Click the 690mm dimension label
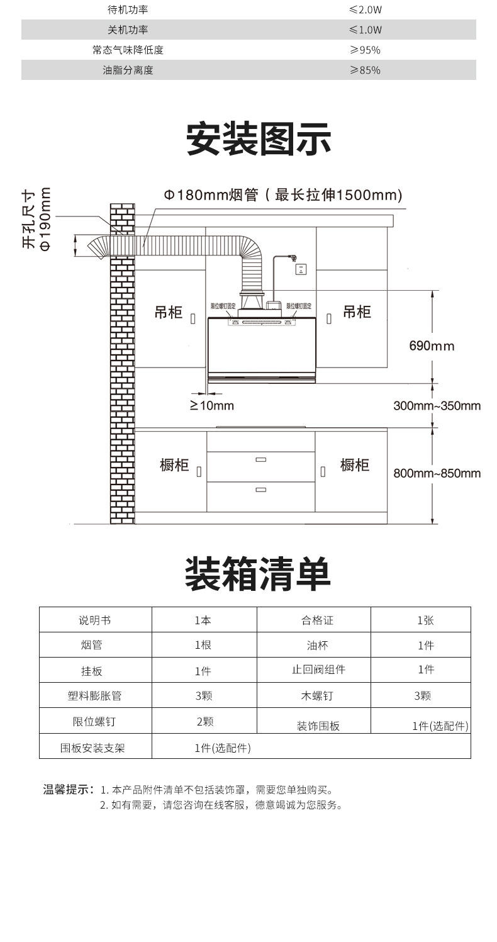pyautogui.click(x=431, y=345)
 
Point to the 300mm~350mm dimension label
pyautogui.click(x=437, y=405)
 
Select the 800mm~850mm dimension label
pyautogui.click(x=437, y=473)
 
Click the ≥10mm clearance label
pyautogui.click(x=212, y=405)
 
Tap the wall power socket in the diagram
pyautogui.click(x=301, y=269)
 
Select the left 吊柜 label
pyautogui.click(x=168, y=313)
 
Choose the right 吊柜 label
pyautogui.click(x=357, y=311)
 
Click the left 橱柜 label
pyautogui.click(x=174, y=466)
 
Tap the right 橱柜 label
pyautogui.click(x=355, y=465)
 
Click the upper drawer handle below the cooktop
pyautogui.click(x=260, y=460)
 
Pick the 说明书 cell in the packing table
pyautogui.click(x=95, y=620)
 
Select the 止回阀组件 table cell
pyautogui.click(x=318, y=670)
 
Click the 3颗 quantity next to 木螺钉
pyautogui.click(x=422, y=696)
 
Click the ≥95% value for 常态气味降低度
pyautogui.click(x=366, y=50)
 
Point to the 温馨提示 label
pyautogui.click(x=68, y=789)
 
